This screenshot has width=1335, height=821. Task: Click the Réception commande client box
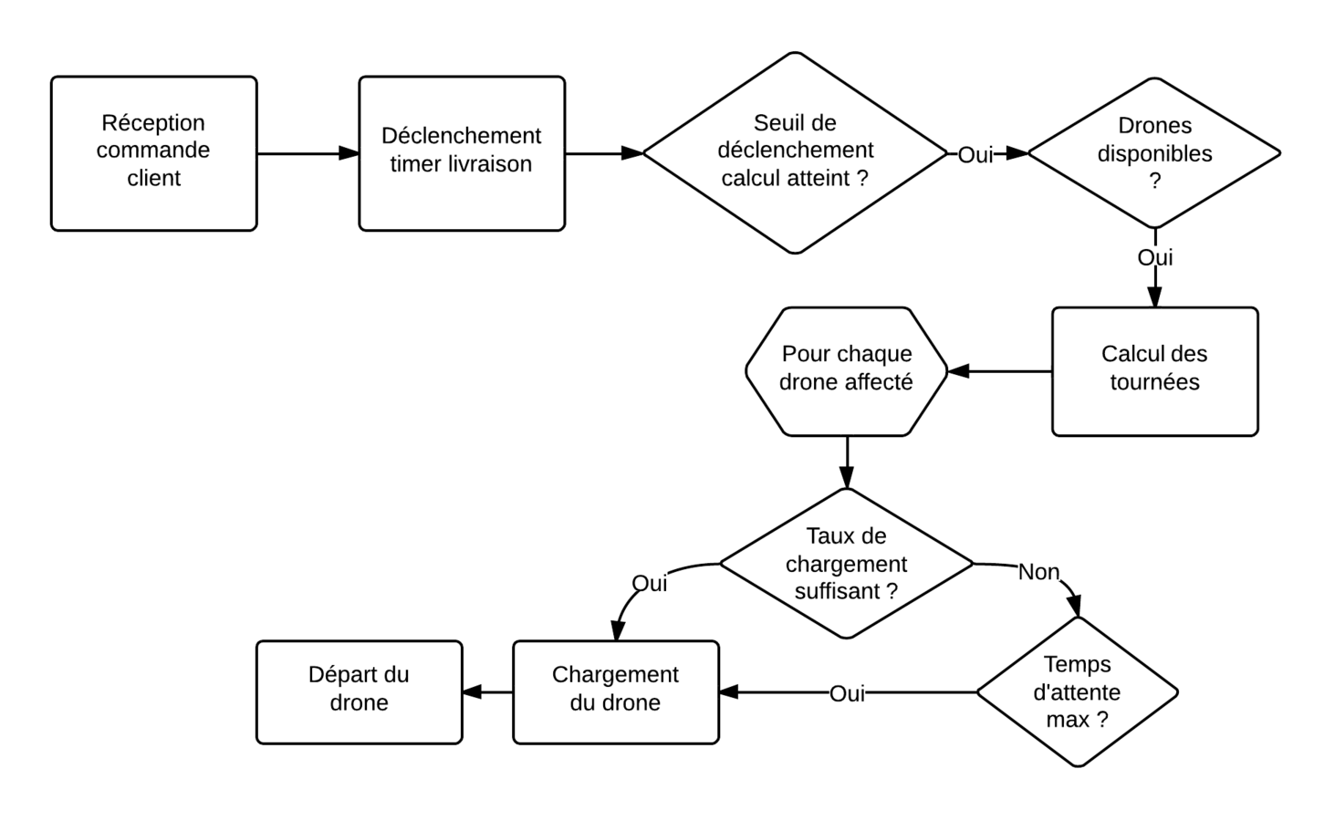click(x=153, y=153)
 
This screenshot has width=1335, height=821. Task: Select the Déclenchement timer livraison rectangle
click(x=462, y=153)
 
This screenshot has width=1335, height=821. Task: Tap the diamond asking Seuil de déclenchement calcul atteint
click(x=795, y=152)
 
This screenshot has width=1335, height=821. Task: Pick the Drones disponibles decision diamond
click(x=1154, y=152)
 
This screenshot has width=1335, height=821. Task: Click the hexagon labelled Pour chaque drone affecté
click(x=846, y=371)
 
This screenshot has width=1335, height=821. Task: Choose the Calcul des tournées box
click(x=1154, y=371)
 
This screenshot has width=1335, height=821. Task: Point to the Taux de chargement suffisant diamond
click(x=846, y=563)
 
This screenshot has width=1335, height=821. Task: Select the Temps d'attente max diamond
click(x=1077, y=691)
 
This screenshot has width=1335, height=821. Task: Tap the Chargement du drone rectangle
click(x=615, y=691)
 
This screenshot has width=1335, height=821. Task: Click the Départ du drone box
click(x=359, y=691)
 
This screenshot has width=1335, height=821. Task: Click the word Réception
click(x=153, y=122)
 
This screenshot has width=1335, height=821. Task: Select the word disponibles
click(x=1154, y=153)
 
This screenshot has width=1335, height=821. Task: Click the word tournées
click(x=1154, y=382)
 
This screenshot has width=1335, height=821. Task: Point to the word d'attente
click(x=1077, y=691)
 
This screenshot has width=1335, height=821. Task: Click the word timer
click(x=416, y=164)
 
